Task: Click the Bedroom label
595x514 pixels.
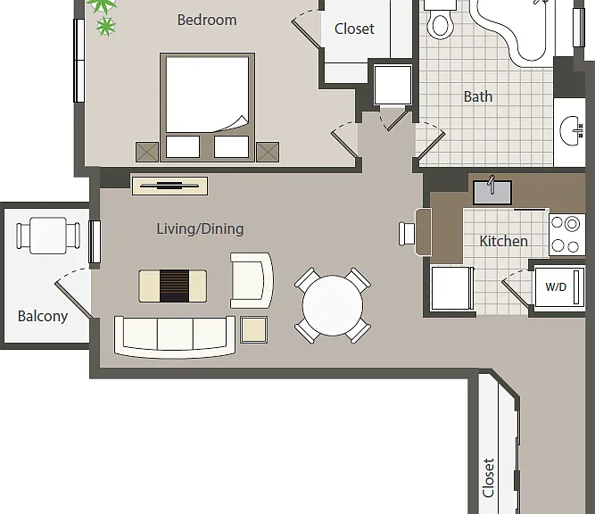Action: click(x=207, y=20)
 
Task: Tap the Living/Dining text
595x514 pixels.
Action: click(x=200, y=229)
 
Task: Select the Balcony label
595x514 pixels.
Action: click(x=43, y=316)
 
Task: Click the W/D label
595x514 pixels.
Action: click(x=556, y=287)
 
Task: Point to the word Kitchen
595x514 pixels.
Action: click(x=503, y=241)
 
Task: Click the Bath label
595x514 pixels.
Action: click(x=478, y=96)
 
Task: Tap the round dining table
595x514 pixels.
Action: click(x=333, y=305)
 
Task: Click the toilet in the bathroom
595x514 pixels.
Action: click(x=440, y=20)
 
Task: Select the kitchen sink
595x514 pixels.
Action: click(x=492, y=192)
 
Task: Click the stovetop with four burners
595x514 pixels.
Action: click(x=567, y=235)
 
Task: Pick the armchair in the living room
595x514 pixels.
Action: click(x=252, y=280)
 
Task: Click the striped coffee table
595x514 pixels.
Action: click(x=173, y=286)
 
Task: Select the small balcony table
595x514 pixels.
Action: click(x=48, y=236)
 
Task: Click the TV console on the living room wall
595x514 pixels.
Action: click(x=169, y=186)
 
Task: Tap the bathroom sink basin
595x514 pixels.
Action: click(x=571, y=131)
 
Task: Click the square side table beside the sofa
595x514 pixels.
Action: click(x=254, y=330)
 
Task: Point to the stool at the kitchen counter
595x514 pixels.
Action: click(x=407, y=234)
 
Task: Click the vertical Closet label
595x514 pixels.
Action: click(x=488, y=478)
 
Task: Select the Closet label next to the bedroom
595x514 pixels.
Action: click(x=354, y=29)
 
